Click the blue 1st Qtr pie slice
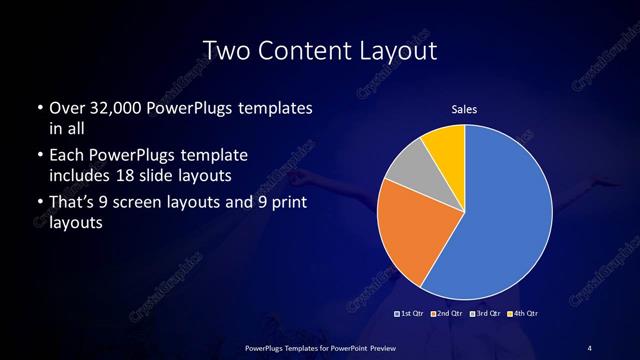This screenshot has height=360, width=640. [x=500, y=220]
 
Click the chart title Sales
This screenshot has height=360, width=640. [x=464, y=108]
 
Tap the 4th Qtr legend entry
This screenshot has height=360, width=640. [x=524, y=314]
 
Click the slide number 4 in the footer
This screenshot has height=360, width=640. [x=589, y=347]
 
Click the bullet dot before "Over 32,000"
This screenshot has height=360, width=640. [x=39, y=108]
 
